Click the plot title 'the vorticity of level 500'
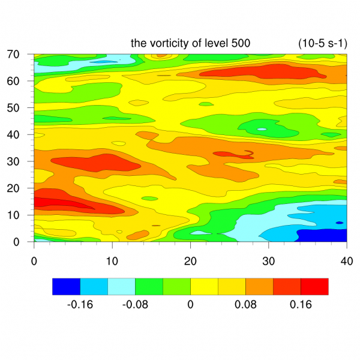[x=190, y=43]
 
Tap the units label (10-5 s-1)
[x=322, y=43]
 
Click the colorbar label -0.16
[x=80, y=304]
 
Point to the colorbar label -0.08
[x=135, y=304]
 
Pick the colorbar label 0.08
[x=245, y=304]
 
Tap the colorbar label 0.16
[x=301, y=304]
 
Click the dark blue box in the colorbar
[x=66, y=286]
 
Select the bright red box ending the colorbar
[x=314, y=286]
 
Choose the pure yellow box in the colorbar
[x=204, y=286]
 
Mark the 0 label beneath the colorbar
[x=190, y=304]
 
